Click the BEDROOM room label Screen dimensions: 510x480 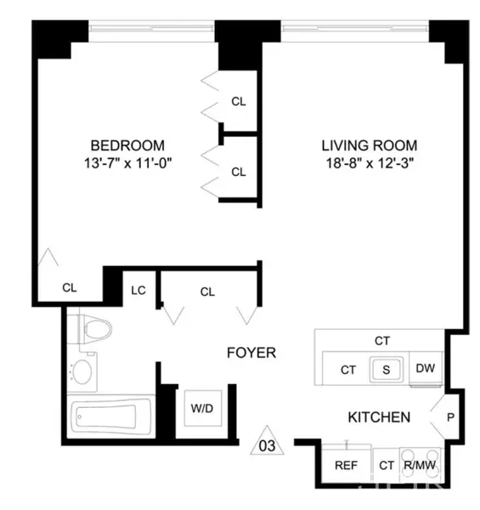pyautogui.click(x=127, y=145)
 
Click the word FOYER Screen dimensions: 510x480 pyautogui.click(x=251, y=352)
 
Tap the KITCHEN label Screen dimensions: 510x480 pyautogui.click(x=379, y=417)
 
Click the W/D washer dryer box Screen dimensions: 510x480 pyautogui.click(x=202, y=408)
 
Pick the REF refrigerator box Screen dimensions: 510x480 pyautogui.click(x=347, y=465)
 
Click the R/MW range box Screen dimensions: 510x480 pyautogui.click(x=418, y=465)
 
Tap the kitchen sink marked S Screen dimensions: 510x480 pyautogui.click(x=384, y=369)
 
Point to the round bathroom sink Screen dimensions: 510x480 pyautogui.click(x=82, y=371)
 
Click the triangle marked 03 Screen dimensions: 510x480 pyautogui.click(x=267, y=440)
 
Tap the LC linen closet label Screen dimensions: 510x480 pyautogui.click(x=138, y=290)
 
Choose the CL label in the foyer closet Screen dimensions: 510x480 pyautogui.click(x=207, y=291)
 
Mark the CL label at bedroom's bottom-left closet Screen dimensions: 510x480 pyautogui.click(x=70, y=288)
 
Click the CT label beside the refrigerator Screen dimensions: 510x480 pyautogui.click(x=386, y=465)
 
